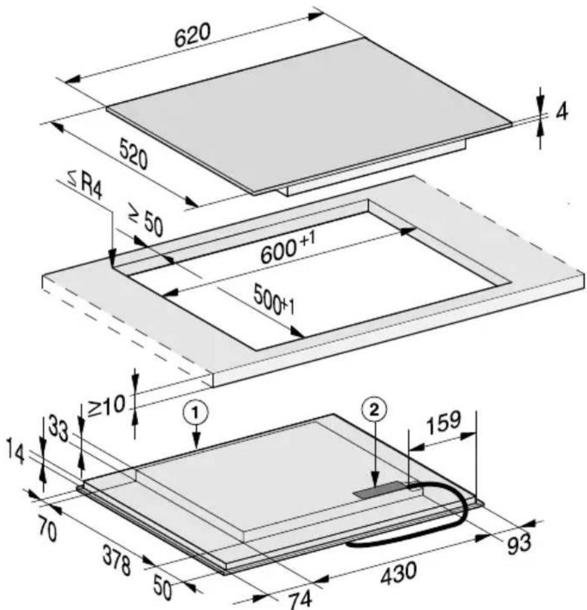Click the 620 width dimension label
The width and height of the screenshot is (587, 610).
(x=192, y=36)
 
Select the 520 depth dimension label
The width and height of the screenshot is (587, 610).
(x=133, y=155)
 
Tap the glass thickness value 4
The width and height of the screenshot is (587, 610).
(x=562, y=112)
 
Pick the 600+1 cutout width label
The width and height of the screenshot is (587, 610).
(x=287, y=248)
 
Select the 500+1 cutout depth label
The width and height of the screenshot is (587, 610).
(x=273, y=299)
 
